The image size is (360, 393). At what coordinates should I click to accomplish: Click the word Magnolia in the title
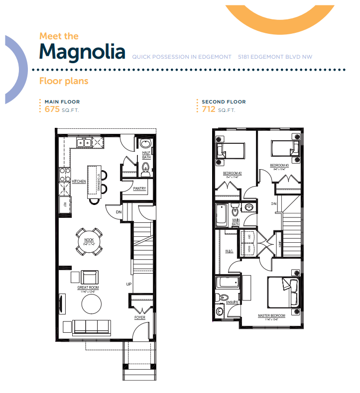82,51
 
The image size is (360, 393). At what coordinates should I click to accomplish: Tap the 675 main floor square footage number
52,109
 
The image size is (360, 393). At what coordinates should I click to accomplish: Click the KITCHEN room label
79,182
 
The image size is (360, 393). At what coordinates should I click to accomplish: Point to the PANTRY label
139,189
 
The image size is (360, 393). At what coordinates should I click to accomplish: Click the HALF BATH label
146,155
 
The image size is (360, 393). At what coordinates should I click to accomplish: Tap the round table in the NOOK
90,242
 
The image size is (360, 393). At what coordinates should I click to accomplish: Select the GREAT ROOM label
88,288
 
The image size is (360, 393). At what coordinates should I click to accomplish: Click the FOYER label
140,317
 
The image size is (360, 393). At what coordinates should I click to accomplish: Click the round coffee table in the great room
91,304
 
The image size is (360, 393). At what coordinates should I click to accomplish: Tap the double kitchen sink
83,143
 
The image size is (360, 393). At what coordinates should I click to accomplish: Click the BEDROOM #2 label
233,173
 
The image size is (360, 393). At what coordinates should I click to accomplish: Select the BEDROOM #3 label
279,166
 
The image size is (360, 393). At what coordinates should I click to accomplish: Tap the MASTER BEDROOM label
271,316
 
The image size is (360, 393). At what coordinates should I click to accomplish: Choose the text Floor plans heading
64,81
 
